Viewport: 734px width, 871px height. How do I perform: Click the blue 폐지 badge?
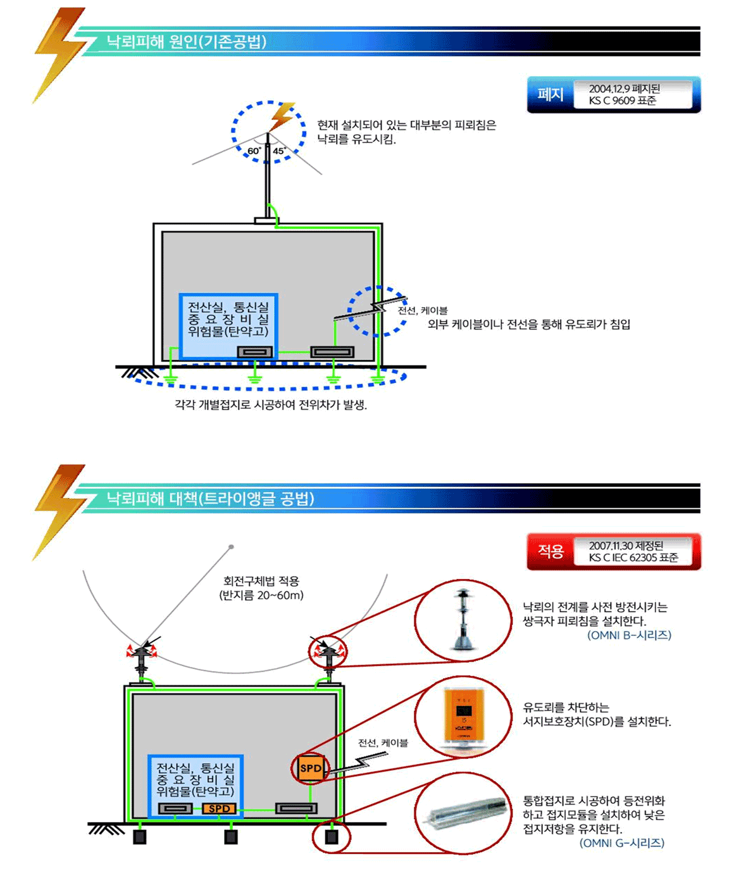pos(550,95)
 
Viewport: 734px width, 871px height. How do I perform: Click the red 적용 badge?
pos(550,551)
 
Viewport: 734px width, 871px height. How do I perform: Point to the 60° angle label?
pos(254,151)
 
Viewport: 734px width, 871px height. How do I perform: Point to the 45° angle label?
pos(279,151)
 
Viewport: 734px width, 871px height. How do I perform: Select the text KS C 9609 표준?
pos(622,101)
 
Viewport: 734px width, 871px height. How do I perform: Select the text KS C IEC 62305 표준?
pos(633,558)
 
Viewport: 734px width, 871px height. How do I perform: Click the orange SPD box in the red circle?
pos(310,768)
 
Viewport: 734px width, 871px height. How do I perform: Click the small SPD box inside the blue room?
pos(219,808)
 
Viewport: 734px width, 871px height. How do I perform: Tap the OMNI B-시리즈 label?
pos(629,635)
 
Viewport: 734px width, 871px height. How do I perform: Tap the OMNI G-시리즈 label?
pos(621,843)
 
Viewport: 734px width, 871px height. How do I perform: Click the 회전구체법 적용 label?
pos(261,581)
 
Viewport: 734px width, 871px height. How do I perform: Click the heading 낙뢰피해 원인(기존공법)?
pos(187,42)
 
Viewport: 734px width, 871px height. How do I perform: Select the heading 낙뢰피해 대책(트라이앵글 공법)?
pos(210,499)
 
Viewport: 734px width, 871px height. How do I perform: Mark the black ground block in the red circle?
pos(331,837)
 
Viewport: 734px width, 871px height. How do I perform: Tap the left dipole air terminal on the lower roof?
pos(140,658)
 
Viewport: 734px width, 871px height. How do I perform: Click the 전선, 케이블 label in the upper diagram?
pos(423,311)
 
